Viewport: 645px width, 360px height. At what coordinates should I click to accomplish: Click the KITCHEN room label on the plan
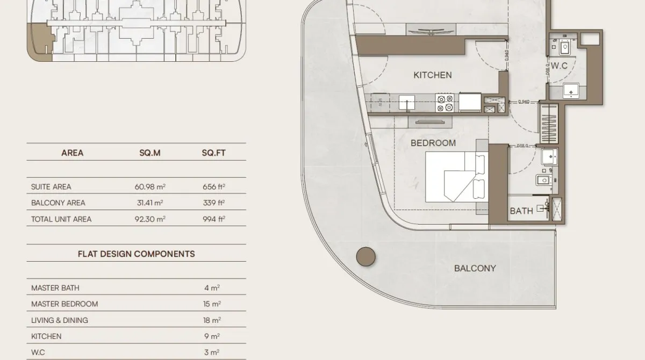(x=432, y=75)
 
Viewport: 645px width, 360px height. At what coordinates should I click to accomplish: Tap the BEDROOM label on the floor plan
(x=433, y=143)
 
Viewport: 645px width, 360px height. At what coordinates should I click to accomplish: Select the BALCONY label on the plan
(x=475, y=268)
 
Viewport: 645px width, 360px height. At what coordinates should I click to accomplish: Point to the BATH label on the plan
(x=521, y=211)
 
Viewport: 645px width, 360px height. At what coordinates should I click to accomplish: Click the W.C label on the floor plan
(x=559, y=66)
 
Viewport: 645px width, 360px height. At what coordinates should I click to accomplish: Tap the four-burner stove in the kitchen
(x=445, y=103)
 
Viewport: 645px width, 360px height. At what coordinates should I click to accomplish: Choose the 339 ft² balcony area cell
(x=213, y=203)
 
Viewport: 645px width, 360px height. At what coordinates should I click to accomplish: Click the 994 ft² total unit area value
(x=213, y=219)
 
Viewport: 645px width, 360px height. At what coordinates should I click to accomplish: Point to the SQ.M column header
(x=149, y=153)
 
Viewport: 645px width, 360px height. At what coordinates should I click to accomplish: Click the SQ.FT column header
(x=213, y=153)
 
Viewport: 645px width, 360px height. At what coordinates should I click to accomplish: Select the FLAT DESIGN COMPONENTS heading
(x=136, y=254)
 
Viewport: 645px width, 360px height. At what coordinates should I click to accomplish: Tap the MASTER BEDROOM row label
(x=64, y=304)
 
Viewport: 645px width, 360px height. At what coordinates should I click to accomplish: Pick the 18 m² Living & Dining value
(x=212, y=320)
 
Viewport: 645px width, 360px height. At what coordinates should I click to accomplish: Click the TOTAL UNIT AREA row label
(x=61, y=219)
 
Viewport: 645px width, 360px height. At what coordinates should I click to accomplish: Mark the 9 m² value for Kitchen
(x=212, y=336)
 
